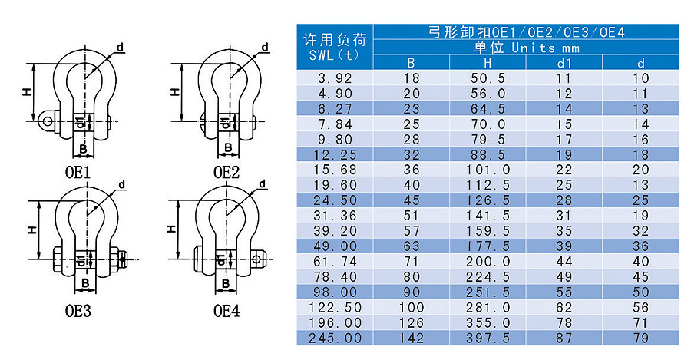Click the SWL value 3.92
tap(334, 78)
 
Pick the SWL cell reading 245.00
tap(334, 338)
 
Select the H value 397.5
tap(488, 338)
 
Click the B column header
tap(412, 63)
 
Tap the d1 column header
tap(564, 63)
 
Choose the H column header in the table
tap(488, 63)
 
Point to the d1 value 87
tap(564, 338)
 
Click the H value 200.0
tap(488, 262)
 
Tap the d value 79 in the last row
tap(641, 338)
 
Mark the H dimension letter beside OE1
tap(26, 92)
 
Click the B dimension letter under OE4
tap(227, 285)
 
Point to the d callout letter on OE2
tap(264, 48)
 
